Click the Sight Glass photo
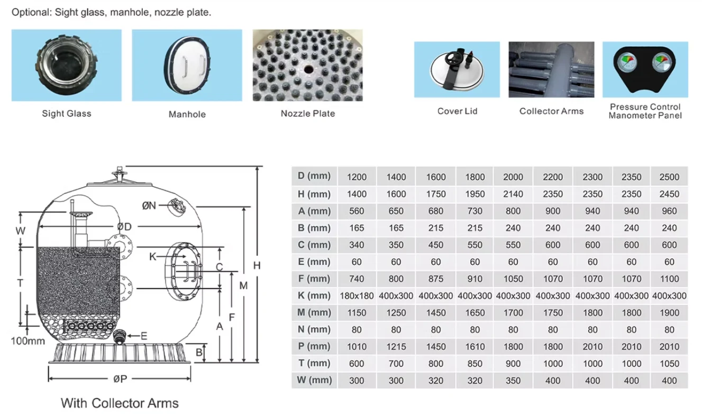(67, 65)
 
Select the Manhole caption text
(187, 114)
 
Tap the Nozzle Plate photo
(307, 65)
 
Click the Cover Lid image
(457, 69)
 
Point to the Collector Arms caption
(551, 111)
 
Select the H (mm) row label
(314, 194)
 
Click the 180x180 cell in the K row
(357, 296)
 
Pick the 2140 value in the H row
(513, 194)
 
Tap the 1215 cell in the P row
(396, 347)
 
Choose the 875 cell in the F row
(435, 279)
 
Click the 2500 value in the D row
(669, 177)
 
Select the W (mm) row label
(314, 380)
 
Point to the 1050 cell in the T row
(669, 364)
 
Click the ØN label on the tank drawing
(149, 206)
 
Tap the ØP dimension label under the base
(120, 379)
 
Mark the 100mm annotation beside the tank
(28, 341)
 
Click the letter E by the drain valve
(144, 336)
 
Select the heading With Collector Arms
(120, 403)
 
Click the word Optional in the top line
(31, 13)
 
